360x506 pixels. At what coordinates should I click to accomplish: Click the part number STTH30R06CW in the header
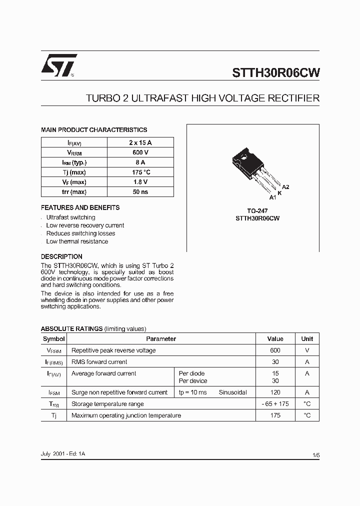click(x=275, y=72)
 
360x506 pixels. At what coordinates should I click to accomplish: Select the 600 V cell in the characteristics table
click(x=140, y=152)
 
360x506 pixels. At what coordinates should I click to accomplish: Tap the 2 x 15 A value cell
click(x=140, y=142)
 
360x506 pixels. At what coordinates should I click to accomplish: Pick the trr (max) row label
click(x=74, y=192)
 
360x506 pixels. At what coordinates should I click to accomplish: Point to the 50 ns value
click(x=140, y=192)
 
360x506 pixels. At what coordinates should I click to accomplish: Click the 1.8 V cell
click(x=140, y=182)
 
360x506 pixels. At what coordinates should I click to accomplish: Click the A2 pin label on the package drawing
click(x=285, y=186)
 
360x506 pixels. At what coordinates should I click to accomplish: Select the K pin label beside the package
click(x=279, y=192)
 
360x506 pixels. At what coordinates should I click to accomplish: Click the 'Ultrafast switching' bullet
click(x=70, y=217)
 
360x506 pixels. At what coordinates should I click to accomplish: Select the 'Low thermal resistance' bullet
click(x=77, y=241)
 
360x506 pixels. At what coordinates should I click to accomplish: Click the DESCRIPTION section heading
click(x=61, y=256)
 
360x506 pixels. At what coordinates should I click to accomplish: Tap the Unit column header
click(x=307, y=339)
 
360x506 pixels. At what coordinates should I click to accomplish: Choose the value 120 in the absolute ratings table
click(x=275, y=392)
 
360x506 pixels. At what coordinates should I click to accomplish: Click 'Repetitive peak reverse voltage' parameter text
click(x=113, y=350)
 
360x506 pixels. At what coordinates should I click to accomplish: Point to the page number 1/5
click(x=315, y=454)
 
